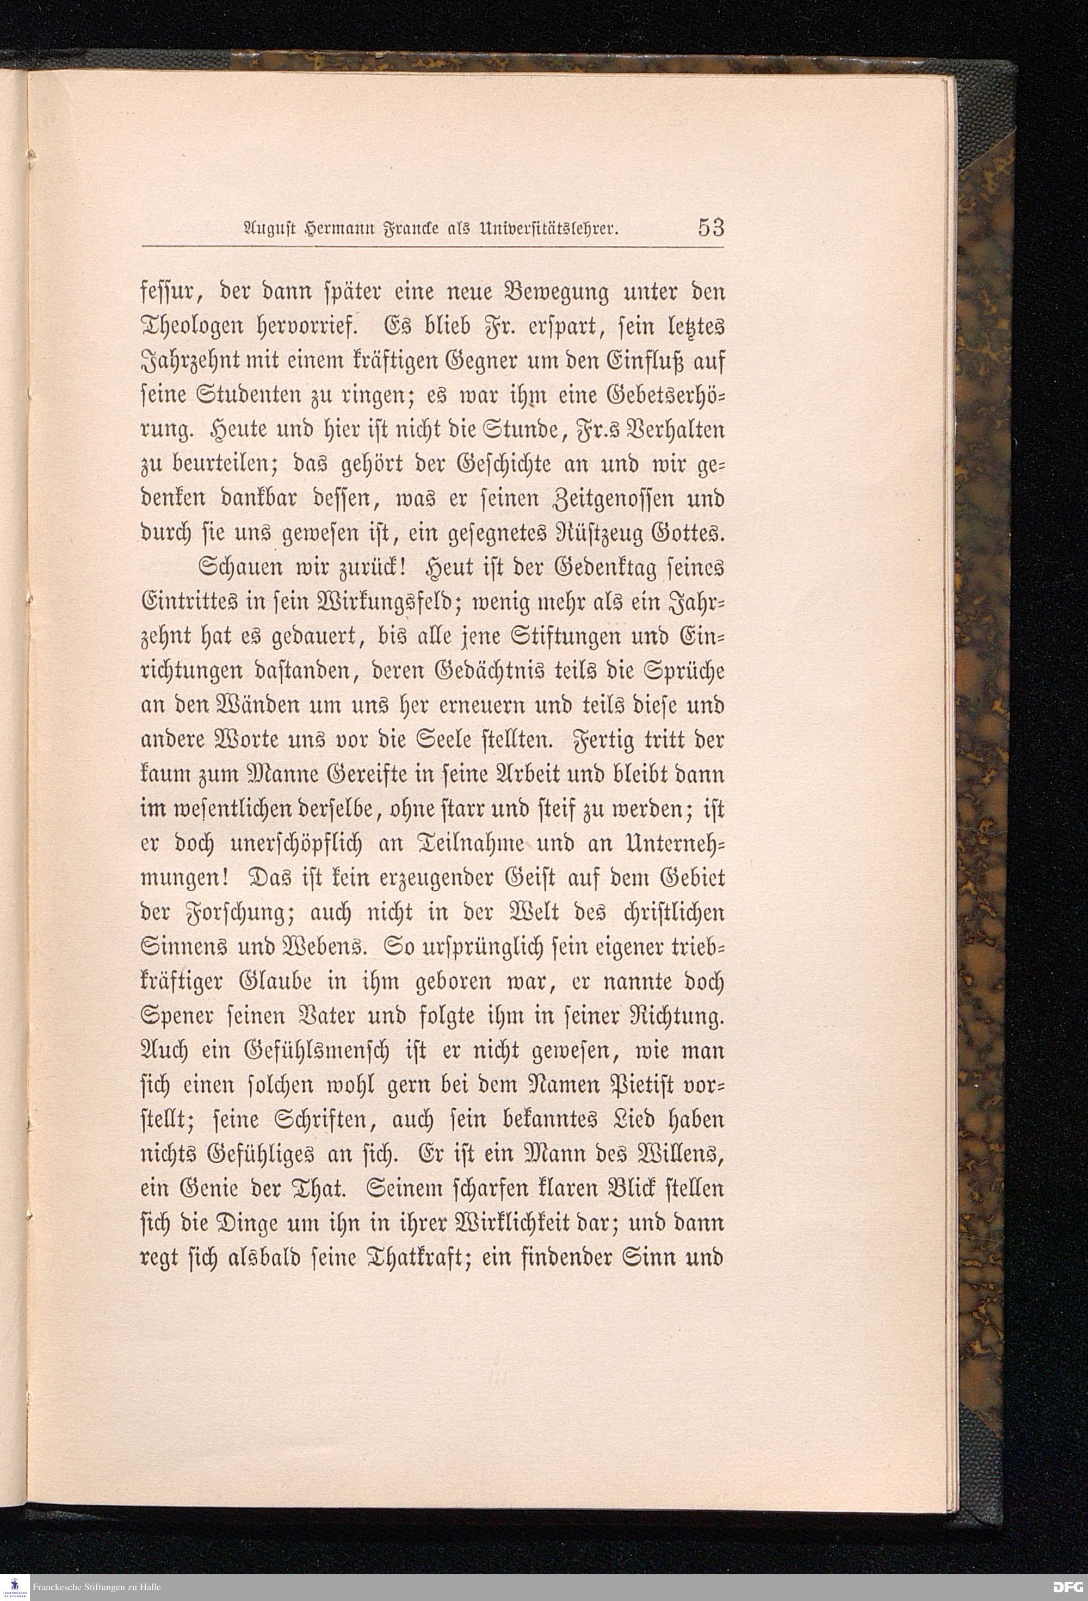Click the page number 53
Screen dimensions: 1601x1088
pos(710,227)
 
